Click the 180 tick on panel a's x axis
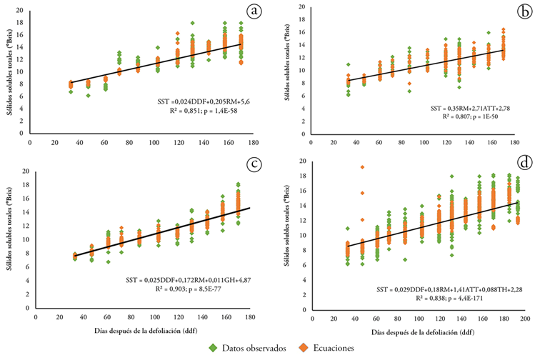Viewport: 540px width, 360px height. (254, 141)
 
